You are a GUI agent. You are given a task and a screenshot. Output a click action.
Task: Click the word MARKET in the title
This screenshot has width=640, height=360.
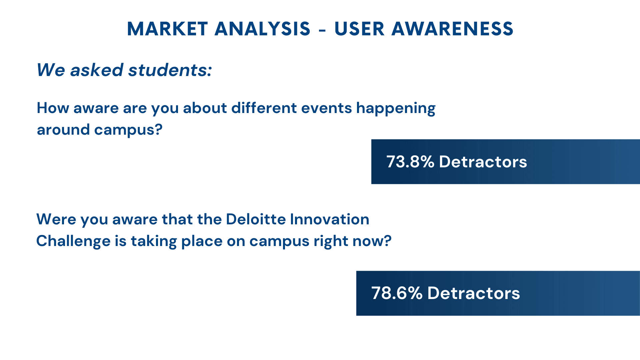coord(167,29)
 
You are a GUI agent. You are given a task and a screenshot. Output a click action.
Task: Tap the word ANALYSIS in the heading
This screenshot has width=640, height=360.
coord(263,29)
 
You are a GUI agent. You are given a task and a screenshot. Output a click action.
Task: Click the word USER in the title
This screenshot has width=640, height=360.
coord(359,29)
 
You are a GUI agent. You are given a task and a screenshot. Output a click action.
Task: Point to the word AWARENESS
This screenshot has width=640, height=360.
coord(453,29)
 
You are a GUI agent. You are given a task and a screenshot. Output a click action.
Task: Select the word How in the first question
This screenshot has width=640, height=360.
coord(53,108)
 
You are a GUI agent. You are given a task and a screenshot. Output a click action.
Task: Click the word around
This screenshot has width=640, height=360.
coord(63,130)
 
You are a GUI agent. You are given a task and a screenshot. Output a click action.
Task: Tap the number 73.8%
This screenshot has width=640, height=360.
coord(410,162)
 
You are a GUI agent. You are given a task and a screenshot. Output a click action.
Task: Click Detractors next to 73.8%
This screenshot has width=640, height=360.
coord(483,162)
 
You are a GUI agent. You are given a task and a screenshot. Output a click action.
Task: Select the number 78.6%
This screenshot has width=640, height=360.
coord(397,293)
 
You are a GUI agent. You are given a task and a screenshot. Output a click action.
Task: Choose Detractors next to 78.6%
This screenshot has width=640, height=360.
coord(474,293)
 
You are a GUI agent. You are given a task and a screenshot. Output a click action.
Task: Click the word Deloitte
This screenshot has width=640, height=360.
coord(256,219)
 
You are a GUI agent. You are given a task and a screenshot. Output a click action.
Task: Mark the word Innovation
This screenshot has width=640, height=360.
coord(330,219)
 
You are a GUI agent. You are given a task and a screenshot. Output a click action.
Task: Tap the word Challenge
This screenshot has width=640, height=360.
coord(73,241)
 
